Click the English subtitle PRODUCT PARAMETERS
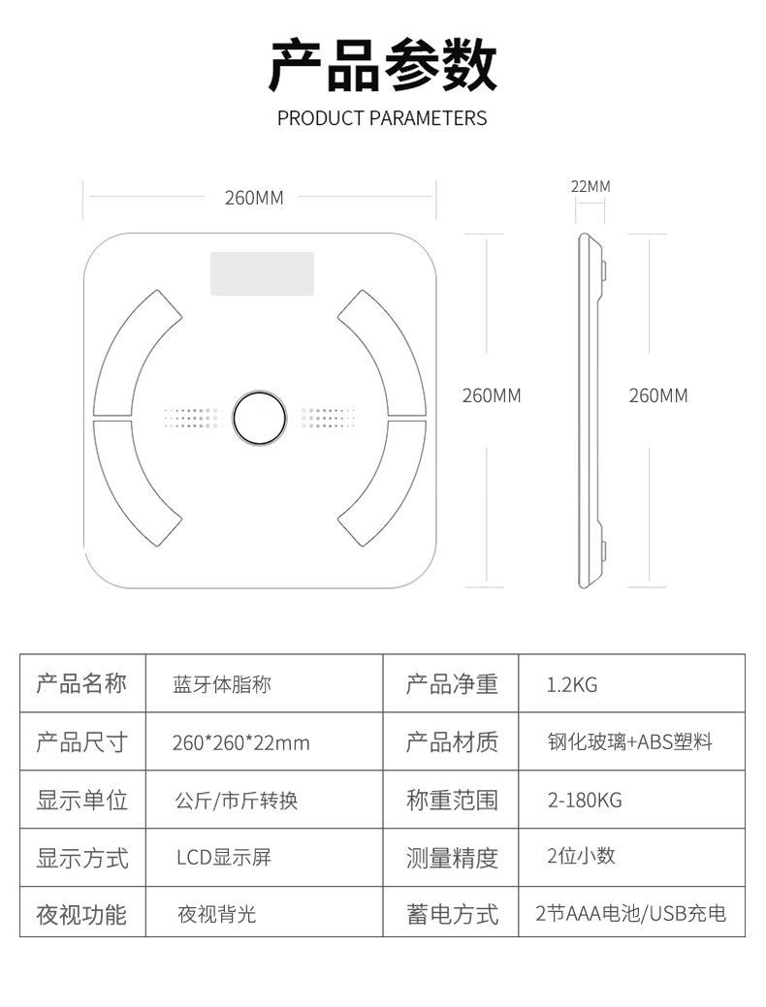[x=382, y=118]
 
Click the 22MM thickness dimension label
[x=590, y=186]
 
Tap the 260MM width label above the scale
[x=254, y=198]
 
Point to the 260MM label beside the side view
[x=658, y=395]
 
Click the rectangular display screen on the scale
[x=262, y=273]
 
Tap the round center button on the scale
[x=259, y=418]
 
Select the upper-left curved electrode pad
[x=137, y=353]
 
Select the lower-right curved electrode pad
[x=382, y=483]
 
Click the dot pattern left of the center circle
[x=192, y=418]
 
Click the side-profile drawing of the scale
[x=591, y=410]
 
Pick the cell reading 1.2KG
[x=572, y=684]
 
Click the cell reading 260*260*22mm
[x=241, y=743]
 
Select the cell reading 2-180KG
[x=585, y=801]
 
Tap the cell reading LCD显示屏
[x=224, y=858]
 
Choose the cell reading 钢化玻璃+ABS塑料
[x=630, y=742]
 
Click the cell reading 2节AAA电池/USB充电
[x=630, y=913]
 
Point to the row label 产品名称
[x=81, y=684]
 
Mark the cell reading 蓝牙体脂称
[x=222, y=684]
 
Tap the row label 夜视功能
[x=81, y=915]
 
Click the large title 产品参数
[x=383, y=65]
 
